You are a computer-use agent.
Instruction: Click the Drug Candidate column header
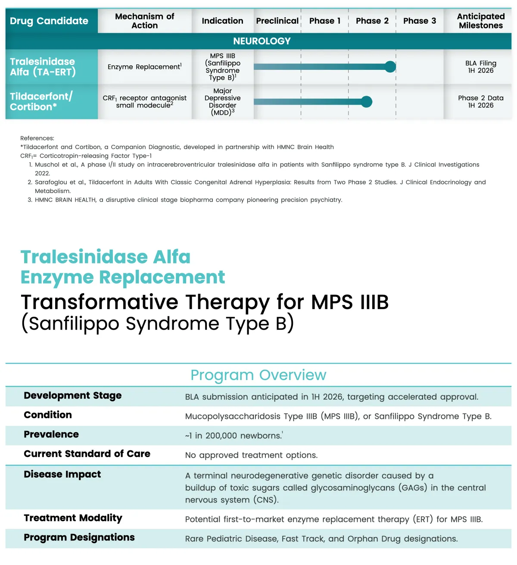tap(49, 21)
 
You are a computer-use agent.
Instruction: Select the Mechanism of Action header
tap(144, 21)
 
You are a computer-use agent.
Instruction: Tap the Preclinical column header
tap(277, 21)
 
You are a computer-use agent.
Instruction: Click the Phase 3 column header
tap(419, 21)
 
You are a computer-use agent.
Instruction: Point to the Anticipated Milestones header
tap(480, 21)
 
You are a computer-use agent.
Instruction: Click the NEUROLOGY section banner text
tap(262, 41)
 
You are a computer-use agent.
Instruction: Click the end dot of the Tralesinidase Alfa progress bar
tap(390, 67)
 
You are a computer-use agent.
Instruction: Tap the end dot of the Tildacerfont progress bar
tap(366, 102)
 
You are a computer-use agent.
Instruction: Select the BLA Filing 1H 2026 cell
tap(480, 67)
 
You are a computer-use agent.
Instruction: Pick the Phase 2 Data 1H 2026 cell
tap(480, 102)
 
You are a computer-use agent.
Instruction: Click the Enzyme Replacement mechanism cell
tap(144, 67)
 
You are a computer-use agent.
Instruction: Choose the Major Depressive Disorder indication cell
tap(222, 102)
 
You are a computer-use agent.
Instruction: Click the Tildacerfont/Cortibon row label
tap(41, 102)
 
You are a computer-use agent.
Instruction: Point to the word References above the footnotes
tap(37, 138)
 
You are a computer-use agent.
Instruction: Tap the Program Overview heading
tap(258, 375)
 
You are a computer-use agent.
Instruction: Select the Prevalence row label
tap(51, 434)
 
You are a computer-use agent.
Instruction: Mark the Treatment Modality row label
tap(73, 518)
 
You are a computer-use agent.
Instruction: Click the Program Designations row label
tap(79, 537)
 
